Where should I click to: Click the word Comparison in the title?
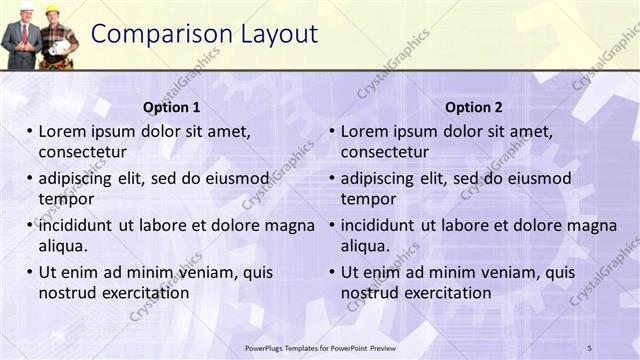point(160,34)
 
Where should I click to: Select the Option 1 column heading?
point(171,107)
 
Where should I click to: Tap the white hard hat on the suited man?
point(27,9)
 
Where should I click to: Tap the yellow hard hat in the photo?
point(52,10)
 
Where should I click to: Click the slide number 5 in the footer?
point(589,347)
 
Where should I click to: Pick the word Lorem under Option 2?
point(364,131)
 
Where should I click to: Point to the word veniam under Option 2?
point(509,272)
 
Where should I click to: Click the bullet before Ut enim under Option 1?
point(30,272)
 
